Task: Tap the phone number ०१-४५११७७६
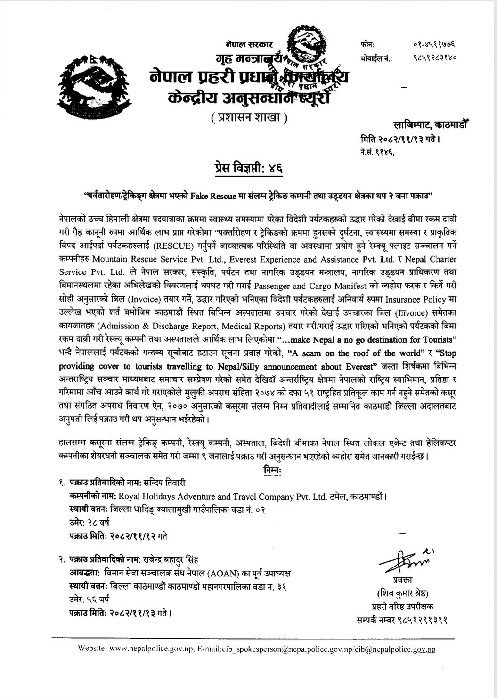[x=435, y=45]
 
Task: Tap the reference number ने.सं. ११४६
[x=375, y=152]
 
